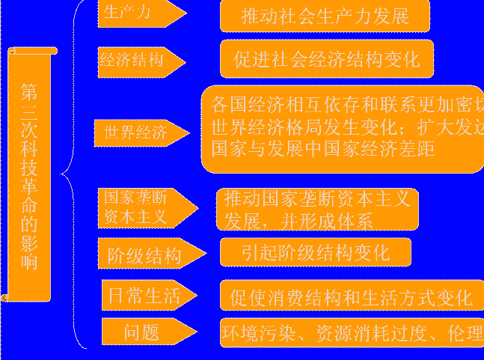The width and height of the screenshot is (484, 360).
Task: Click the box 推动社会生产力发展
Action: coord(325,16)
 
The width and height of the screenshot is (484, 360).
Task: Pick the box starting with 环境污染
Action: coord(351,332)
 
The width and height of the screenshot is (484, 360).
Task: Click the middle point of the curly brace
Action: coord(64,174)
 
